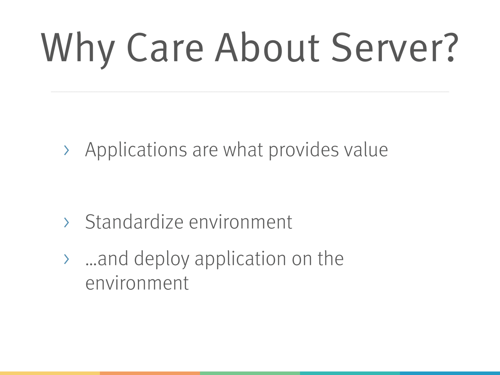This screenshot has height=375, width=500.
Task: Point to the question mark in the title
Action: pos(451,47)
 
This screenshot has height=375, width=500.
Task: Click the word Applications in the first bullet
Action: pos(136,150)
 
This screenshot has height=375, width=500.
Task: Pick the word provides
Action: pos(304,151)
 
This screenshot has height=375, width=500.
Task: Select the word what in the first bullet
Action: pos(243,150)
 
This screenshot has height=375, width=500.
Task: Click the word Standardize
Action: pos(134,222)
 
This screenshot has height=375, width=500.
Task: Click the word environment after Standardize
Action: pos(241,222)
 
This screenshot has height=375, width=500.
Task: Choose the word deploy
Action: pos(162,259)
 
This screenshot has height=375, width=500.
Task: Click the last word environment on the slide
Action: pos(137,283)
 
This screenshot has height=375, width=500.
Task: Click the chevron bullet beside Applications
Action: pos(67,150)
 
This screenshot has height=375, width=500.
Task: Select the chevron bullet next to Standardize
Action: pos(67,222)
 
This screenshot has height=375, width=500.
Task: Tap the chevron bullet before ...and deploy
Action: pos(67,259)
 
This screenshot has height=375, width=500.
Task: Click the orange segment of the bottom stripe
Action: pos(150,373)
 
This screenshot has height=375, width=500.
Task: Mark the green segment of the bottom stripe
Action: pos(250,373)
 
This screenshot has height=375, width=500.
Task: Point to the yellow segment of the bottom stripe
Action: pos(50,373)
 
